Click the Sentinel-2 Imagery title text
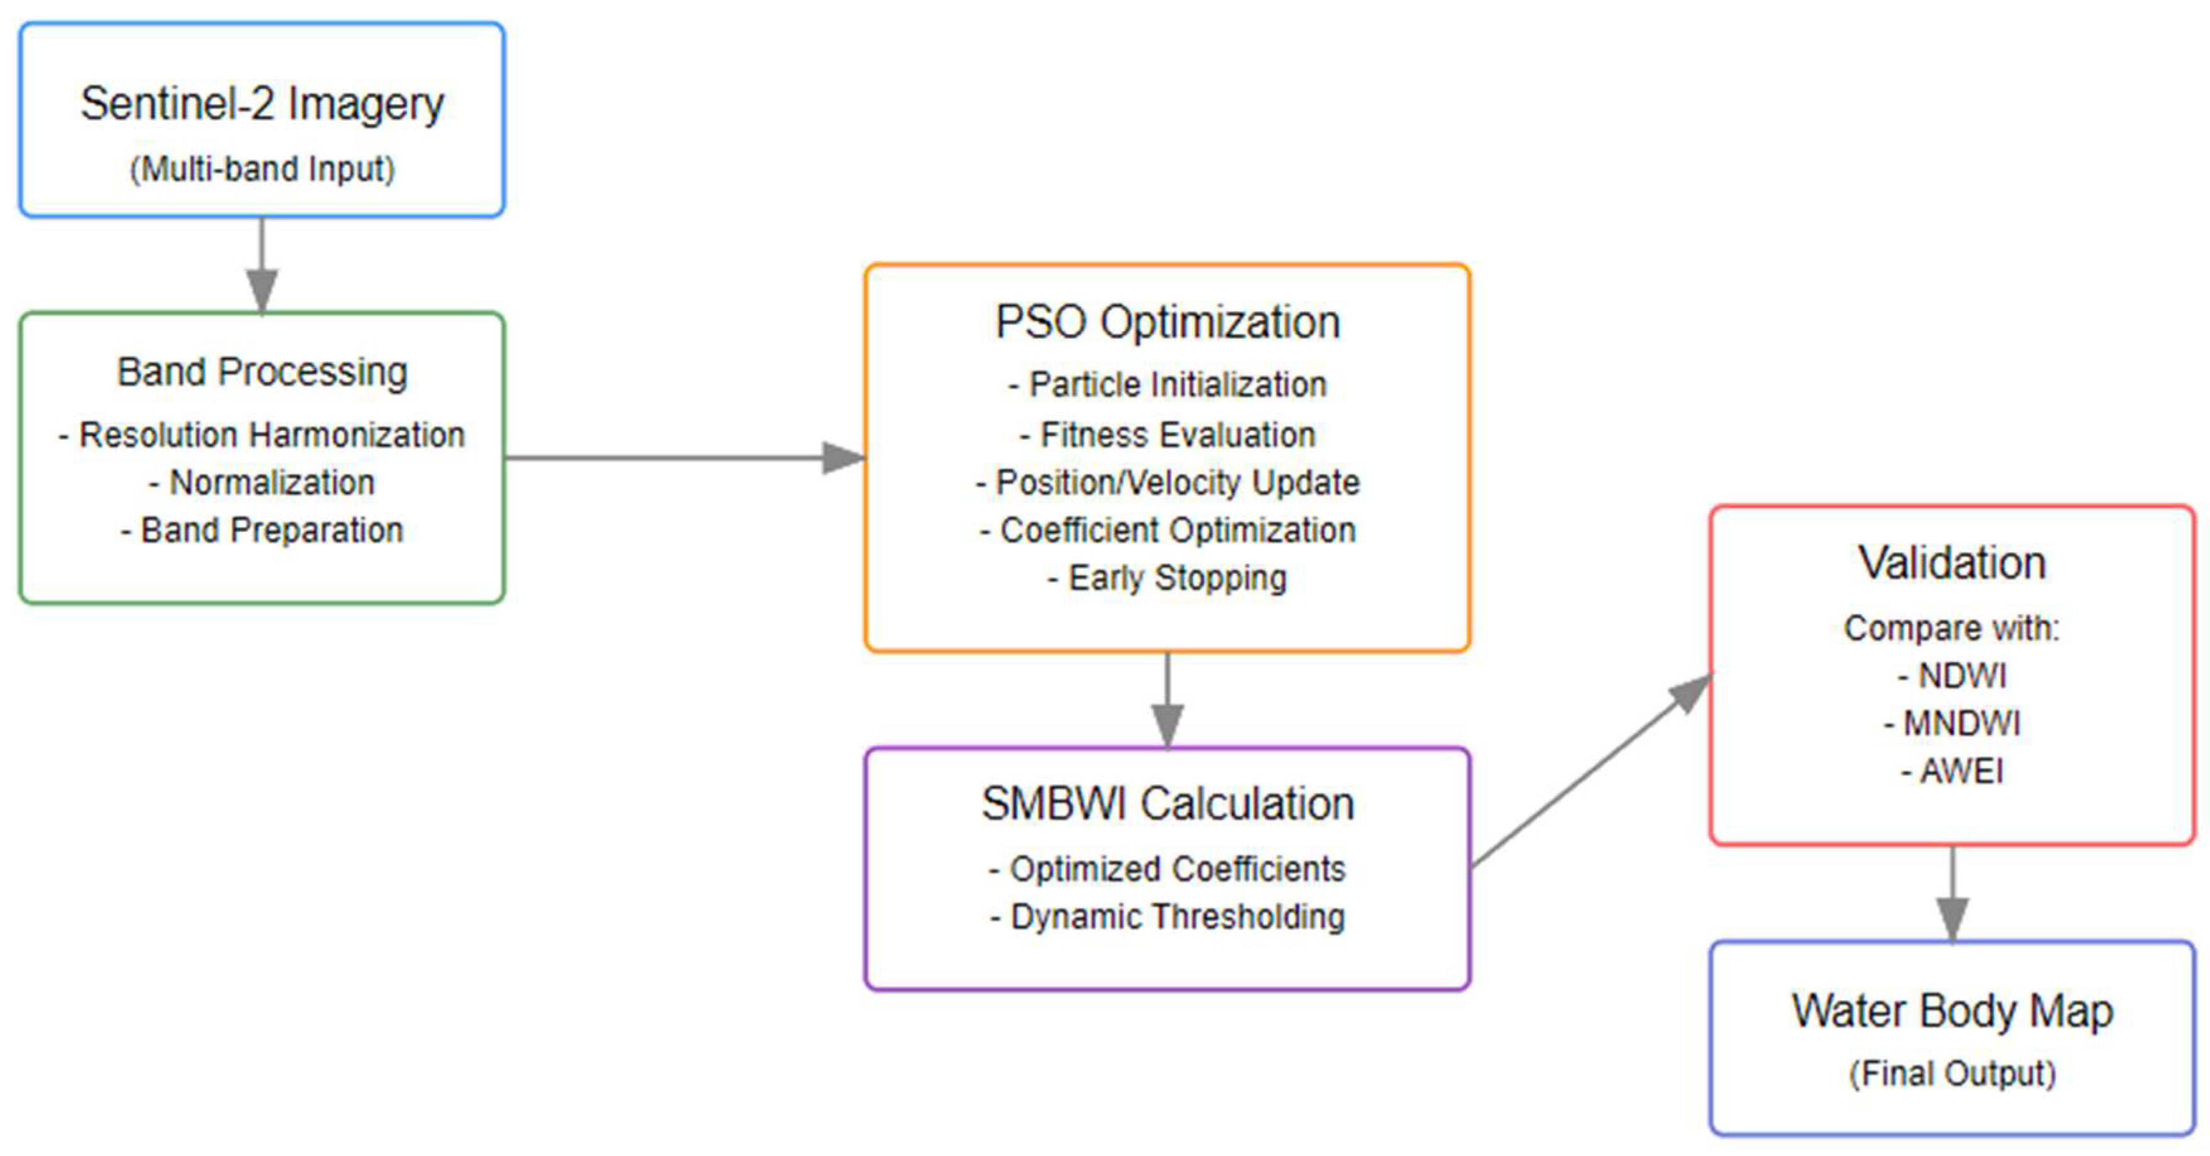coord(262,104)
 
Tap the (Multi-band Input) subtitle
coord(262,169)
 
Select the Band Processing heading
coord(262,372)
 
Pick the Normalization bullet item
coord(262,482)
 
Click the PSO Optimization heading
coord(1167,322)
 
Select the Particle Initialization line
coord(1167,384)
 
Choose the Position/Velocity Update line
coord(1167,482)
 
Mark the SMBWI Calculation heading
coord(1167,804)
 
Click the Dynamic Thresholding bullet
coord(1167,917)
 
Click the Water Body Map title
coord(1952,1011)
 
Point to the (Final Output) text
coord(1952,1073)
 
